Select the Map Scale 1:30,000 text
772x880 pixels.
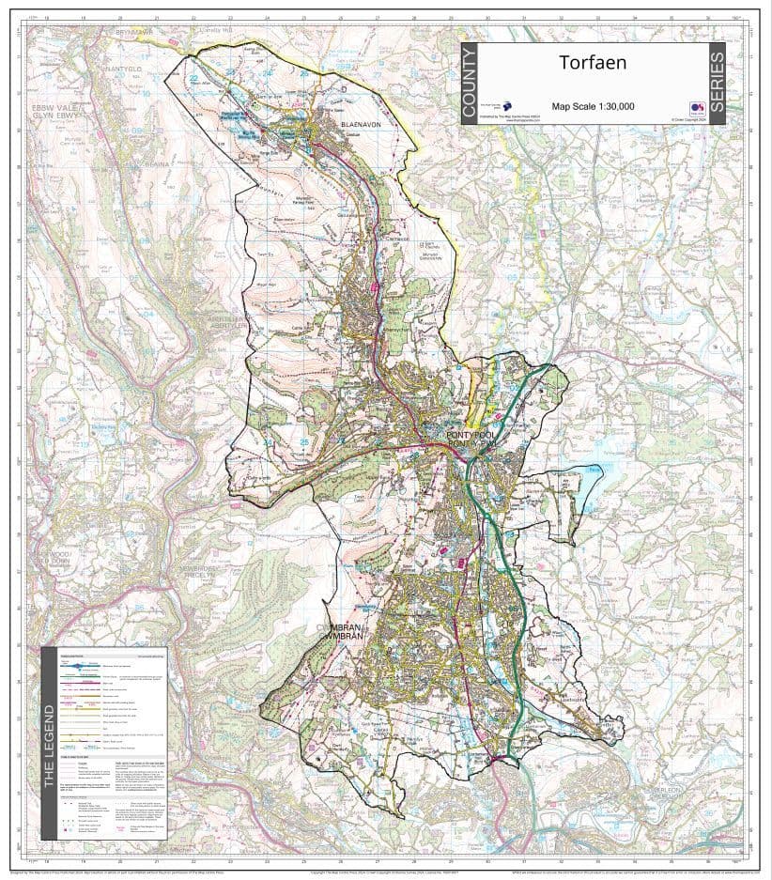point(593,106)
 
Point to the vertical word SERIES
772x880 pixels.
point(717,85)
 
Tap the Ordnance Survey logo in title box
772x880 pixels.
point(697,107)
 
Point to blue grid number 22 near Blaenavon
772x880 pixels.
point(193,78)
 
